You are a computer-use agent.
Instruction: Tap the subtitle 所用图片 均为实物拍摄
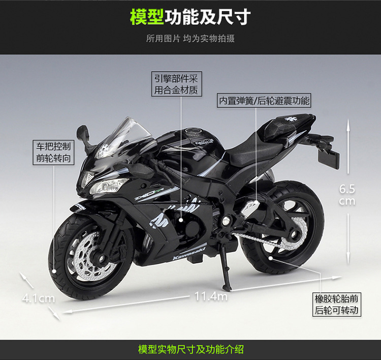[190, 39]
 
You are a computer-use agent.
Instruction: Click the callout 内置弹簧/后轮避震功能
[264, 101]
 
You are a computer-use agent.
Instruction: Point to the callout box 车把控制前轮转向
[53, 152]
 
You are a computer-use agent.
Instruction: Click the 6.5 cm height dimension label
[347, 194]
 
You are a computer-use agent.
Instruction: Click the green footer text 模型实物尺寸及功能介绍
[190, 349]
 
